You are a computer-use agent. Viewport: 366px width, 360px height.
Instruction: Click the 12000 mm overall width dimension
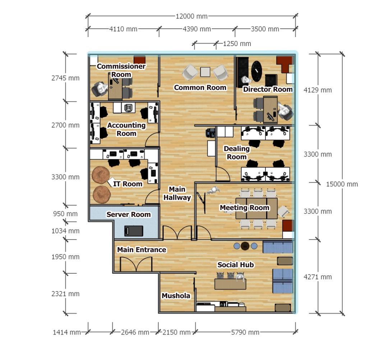point(192,17)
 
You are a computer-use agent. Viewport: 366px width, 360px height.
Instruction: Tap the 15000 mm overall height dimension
point(342,184)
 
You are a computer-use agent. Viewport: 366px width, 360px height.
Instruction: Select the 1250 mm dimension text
point(237,44)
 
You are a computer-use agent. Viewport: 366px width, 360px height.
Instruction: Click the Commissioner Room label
point(121,70)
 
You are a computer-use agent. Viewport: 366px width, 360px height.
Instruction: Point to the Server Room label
point(129,214)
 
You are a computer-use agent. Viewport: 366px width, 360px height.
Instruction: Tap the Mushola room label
point(176,296)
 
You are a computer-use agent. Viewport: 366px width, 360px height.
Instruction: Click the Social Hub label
point(236,265)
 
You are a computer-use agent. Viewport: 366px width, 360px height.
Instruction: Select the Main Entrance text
point(142,250)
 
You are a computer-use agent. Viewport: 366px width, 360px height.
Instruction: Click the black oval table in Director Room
point(257,70)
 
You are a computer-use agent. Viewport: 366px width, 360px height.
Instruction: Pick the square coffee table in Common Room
point(205,72)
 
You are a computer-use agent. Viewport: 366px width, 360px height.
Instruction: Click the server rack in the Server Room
point(134,231)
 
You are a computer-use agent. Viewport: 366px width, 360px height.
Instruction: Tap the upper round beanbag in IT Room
point(101,175)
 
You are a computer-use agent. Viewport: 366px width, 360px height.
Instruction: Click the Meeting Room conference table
point(256,208)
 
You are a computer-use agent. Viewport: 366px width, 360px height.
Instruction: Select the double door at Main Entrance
point(136,264)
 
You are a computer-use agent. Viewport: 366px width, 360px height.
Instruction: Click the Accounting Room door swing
point(152,140)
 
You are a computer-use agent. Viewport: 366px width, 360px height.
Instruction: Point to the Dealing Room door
point(223,174)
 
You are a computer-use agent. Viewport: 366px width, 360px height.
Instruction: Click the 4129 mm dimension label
point(318,90)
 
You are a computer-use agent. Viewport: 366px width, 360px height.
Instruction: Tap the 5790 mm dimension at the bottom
point(245,332)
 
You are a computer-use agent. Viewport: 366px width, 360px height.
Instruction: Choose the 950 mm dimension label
point(65,214)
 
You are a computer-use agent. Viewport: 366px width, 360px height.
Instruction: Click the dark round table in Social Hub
point(245,246)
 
